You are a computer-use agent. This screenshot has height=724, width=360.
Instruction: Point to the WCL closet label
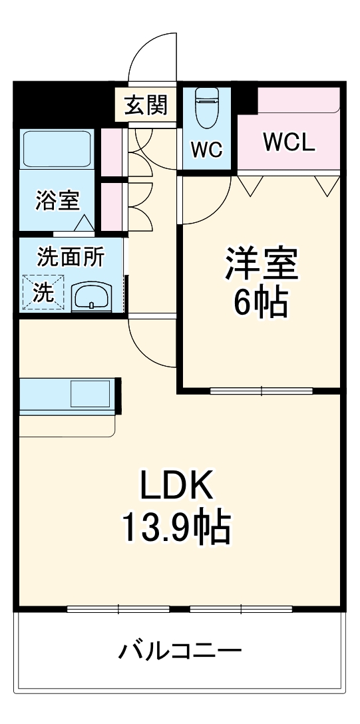point(288,142)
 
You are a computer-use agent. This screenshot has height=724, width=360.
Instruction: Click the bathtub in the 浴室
point(57,148)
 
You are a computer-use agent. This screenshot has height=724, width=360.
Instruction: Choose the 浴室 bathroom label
point(57,200)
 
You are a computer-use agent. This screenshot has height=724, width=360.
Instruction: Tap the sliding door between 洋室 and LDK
point(261,391)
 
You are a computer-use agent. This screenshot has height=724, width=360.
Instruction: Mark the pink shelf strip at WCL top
point(298,100)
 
